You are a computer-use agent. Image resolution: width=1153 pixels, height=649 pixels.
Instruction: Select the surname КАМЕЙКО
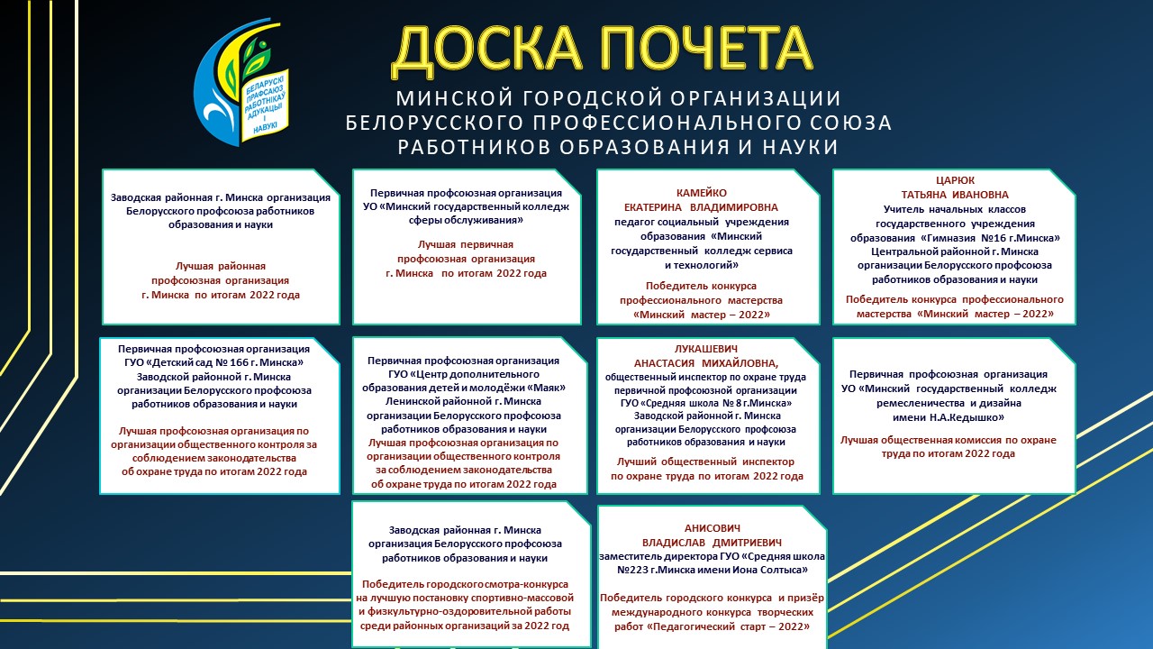point(702,193)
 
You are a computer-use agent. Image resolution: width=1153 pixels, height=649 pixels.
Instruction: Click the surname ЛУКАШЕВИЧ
point(706,349)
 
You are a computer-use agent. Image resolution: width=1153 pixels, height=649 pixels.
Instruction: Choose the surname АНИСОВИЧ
point(713,528)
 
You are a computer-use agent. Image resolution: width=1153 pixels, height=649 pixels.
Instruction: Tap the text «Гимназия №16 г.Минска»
point(990,238)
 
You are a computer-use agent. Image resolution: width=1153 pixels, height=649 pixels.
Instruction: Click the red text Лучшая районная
point(221,266)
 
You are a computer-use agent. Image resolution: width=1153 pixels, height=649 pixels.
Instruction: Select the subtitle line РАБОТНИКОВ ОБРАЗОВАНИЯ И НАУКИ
point(618,147)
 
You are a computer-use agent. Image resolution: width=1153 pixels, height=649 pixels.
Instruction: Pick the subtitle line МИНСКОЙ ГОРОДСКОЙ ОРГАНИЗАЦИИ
point(618,98)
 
